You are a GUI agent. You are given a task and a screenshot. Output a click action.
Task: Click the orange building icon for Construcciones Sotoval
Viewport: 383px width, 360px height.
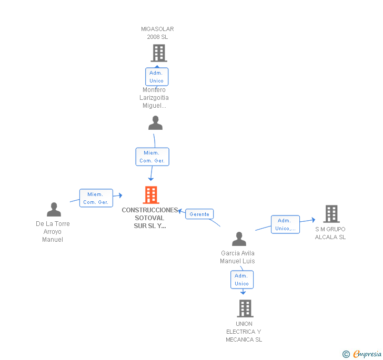(x=151, y=195)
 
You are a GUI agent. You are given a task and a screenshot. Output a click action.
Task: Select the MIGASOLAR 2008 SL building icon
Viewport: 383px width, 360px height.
(x=159, y=53)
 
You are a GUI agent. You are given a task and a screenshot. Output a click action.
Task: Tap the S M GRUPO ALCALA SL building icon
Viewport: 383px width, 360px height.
(x=331, y=214)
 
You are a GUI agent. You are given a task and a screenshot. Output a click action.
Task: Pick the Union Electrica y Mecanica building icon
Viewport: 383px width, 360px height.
(x=245, y=308)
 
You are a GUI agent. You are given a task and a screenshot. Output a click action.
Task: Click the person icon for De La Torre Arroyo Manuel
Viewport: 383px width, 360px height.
(x=54, y=209)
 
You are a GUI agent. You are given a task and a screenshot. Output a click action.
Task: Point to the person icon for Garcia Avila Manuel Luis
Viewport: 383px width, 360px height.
(x=239, y=239)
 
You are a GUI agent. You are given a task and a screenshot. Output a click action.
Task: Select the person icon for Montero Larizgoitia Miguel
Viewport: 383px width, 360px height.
(x=155, y=123)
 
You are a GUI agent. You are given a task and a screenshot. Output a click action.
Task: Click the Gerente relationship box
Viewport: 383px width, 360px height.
(x=199, y=214)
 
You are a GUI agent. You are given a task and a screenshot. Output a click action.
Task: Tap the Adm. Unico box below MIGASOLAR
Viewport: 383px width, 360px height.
(x=157, y=77)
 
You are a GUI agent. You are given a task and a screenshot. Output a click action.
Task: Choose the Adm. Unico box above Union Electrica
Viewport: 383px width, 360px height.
(x=242, y=280)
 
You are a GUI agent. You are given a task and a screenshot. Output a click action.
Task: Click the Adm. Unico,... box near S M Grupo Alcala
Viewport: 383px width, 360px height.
(x=285, y=224)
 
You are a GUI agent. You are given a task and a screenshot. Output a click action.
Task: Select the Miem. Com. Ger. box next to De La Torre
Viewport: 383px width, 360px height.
(x=96, y=198)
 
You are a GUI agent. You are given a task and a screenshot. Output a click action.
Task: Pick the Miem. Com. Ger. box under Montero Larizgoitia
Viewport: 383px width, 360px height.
(x=152, y=157)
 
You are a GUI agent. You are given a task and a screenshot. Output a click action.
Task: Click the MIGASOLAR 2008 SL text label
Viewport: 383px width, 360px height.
(x=157, y=33)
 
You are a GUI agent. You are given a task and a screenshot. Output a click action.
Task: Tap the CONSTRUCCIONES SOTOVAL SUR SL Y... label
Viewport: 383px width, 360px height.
(x=150, y=218)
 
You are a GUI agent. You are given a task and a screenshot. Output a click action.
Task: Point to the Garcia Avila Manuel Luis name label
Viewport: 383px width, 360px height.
(x=237, y=257)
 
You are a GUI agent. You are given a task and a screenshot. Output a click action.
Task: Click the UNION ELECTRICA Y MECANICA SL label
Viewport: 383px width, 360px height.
(x=244, y=332)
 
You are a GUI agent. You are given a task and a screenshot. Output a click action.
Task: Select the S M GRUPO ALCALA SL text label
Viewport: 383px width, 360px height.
(x=330, y=233)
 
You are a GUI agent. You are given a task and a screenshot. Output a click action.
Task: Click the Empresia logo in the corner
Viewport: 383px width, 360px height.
(x=362, y=354)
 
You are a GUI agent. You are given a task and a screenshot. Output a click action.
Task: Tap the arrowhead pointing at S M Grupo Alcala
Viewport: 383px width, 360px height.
(x=314, y=220)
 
